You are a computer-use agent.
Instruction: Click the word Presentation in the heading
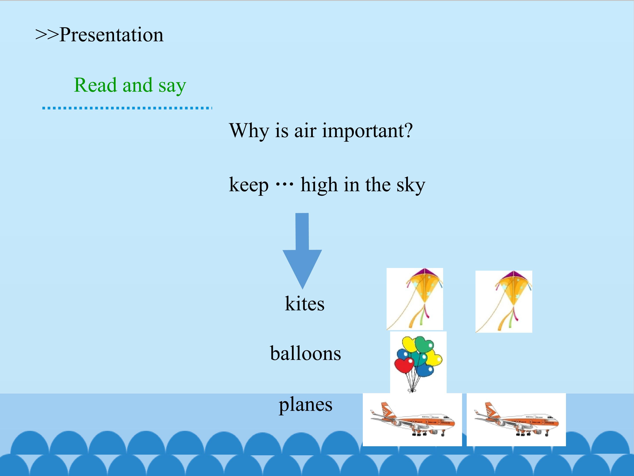tap(111, 35)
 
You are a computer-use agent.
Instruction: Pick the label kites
tap(305, 304)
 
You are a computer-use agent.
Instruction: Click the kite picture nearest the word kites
tap(415, 299)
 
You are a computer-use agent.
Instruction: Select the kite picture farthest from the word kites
tap(504, 301)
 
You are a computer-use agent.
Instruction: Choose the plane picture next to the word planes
tap(412, 420)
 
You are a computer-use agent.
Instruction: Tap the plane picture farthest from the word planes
tap(516, 420)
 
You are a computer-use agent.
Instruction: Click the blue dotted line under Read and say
tap(127, 108)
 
